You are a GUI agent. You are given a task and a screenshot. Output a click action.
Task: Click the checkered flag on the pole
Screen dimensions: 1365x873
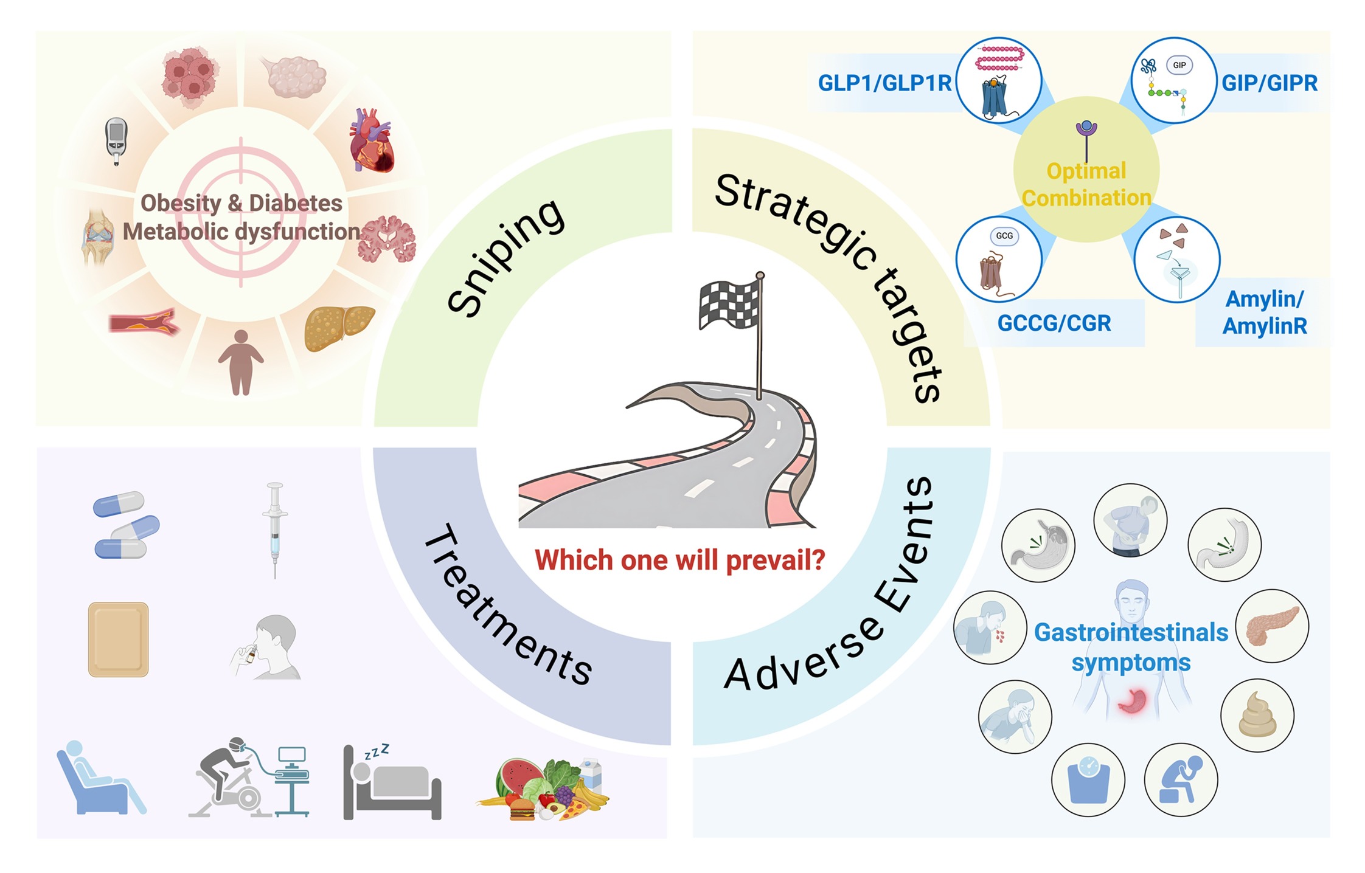tap(729, 305)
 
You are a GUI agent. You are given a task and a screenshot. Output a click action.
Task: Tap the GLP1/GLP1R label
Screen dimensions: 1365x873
tap(884, 83)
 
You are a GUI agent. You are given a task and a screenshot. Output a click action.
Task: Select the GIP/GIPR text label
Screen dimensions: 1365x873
tap(1270, 83)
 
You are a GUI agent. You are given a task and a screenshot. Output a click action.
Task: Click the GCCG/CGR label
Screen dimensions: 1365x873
tap(1054, 323)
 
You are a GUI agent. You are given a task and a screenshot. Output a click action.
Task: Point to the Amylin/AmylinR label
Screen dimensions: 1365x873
tap(1265, 312)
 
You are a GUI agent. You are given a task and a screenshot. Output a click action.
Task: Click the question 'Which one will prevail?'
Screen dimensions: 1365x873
tap(680, 560)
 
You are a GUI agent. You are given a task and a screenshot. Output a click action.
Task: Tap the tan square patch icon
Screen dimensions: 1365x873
tap(119, 640)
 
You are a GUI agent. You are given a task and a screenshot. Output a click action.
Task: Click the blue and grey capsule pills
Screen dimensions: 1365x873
tap(126, 525)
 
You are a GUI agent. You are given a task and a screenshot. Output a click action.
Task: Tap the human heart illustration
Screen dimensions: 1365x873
tap(372, 140)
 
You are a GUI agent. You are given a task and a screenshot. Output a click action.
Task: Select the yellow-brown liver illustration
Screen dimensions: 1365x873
tap(339, 328)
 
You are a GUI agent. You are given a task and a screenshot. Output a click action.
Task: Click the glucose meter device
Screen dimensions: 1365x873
tap(116, 141)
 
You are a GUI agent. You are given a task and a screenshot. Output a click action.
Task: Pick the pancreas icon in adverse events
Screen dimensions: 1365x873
tap(1273, 626)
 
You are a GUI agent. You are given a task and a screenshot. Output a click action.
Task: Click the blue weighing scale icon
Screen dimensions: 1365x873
tap(1088, 780)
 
